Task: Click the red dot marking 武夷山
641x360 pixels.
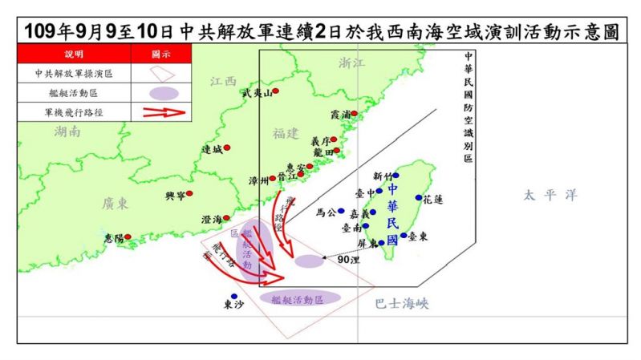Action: [x=275, y=91]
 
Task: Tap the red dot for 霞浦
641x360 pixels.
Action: [x=354, y=114]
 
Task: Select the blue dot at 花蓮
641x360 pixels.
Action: [x=418, y=197]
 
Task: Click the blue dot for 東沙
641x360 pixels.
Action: [x=234, y=296]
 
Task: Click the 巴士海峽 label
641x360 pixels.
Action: [x=401, y=303]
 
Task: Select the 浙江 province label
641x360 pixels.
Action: [x=351, y=63]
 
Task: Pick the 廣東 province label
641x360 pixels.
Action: [x=116, y=204]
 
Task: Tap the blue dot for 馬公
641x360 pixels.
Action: [x=341, y=212]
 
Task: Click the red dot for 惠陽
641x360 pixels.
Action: [x=127, y=237]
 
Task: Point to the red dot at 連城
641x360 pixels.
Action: [x=227, y=148]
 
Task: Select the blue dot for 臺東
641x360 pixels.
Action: [x=404, y=236]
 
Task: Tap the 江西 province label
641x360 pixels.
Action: [x=224, y=81]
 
